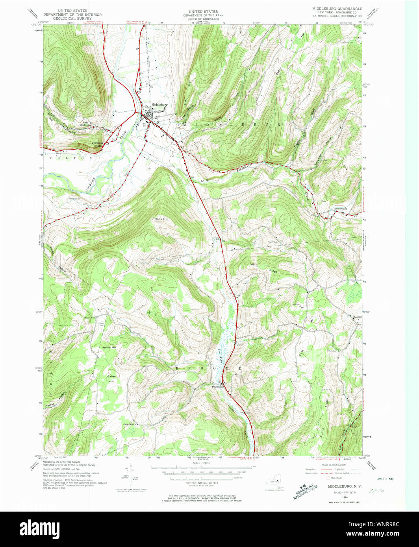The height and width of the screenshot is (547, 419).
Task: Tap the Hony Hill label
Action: (x=161, y=219)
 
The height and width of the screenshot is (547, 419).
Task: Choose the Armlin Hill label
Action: (x=109, y=348)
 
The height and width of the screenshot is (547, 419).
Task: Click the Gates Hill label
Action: (x=112, y=379)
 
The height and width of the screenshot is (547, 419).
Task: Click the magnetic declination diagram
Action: (x=131, y=477)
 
